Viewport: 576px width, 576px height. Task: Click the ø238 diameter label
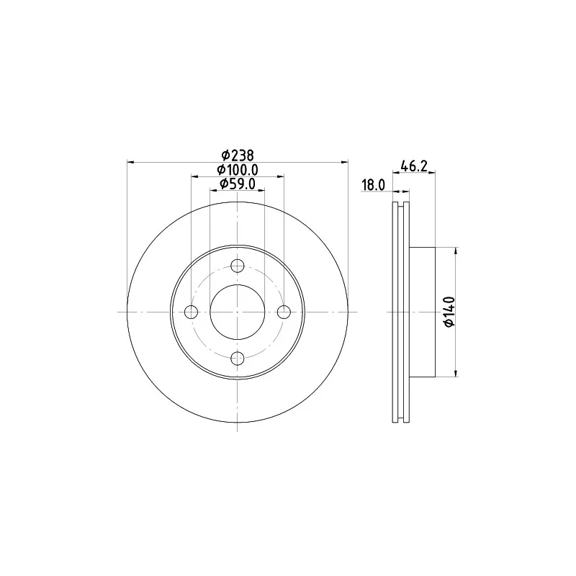tap(238, 156)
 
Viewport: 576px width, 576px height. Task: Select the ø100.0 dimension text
tap(238, 170)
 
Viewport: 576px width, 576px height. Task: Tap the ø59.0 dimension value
tap(238, 184)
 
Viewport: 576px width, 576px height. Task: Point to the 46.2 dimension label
tap(413, 166)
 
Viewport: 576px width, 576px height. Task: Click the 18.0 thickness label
tap(374, 185)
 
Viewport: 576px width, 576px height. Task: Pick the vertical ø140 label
tap(449, 312)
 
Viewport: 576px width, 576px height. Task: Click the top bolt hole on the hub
tap(238, 266)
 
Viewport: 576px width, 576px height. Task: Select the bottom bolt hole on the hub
tap(238, 358)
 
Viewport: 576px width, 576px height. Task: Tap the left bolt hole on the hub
tap(191, 312)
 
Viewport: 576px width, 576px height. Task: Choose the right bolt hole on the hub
tap(284, 312)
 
